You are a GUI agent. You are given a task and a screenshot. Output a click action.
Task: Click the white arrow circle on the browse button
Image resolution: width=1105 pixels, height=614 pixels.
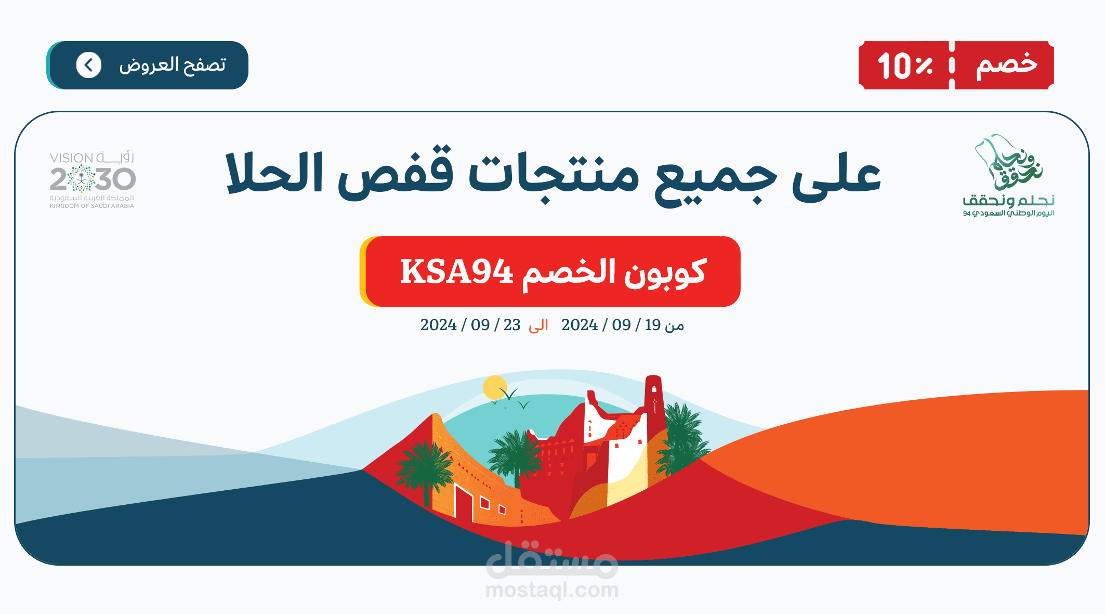[89, 66]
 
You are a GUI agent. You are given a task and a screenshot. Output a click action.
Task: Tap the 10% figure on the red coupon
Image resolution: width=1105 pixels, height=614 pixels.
[905, 66]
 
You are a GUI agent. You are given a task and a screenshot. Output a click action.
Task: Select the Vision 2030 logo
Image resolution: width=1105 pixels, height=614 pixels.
[93, 180]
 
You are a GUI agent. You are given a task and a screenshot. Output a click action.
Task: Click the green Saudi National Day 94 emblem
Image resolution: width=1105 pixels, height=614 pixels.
[1008, 175]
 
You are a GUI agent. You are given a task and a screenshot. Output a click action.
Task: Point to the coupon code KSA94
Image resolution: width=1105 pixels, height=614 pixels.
[456, 271]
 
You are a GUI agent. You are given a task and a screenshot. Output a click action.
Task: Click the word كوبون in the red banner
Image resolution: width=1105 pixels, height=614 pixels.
[665, 272]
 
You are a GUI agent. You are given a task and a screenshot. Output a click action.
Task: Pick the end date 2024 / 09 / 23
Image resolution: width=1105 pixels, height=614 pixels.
[470, 325]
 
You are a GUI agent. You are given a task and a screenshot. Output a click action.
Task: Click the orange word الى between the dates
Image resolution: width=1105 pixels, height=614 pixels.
[538, 325]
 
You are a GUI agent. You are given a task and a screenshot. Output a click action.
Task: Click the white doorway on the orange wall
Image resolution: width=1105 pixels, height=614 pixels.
[463, 502]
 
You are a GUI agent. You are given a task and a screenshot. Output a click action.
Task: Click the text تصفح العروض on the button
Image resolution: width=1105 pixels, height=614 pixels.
[173, 66]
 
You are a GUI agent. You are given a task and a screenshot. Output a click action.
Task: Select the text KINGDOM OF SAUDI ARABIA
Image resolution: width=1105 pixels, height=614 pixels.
[92, 206]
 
